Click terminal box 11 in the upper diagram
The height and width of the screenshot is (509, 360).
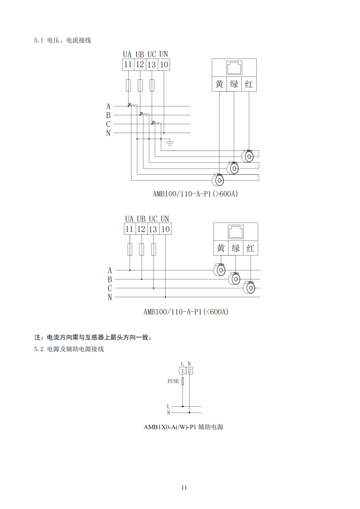[x=128, y=65]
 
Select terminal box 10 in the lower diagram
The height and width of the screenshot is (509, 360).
[x=165, y=229]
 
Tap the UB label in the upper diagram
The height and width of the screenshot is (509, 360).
[x=140, y=54]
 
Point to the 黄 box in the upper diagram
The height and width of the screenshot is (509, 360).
[x=219, y=84]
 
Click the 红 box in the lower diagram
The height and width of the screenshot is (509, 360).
[x=250, y=248]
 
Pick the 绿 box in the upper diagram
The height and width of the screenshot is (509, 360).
[x=234, y=84]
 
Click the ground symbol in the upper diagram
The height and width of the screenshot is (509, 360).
[x=169, y=142]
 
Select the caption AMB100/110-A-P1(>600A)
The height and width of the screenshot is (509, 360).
[x=195, y=194]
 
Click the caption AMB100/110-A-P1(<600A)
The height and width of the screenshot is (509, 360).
[x=186, y=312]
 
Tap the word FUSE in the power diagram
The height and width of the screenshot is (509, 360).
[x=173, y=381]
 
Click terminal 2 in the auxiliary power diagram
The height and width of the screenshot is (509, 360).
[x=190, y=371]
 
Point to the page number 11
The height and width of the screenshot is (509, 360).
[x=184, y=488]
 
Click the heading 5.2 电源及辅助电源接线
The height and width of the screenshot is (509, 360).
[x=69, y=349]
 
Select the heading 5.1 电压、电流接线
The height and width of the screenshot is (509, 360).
[x=63, y=40]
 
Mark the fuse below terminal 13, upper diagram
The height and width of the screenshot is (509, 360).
[x=152, y=85]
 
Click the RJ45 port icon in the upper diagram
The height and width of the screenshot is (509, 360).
[x=234, y=67]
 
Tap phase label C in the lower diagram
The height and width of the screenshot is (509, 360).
[x=110, y=288]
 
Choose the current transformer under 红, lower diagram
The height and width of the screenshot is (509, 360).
[x=250, y=287]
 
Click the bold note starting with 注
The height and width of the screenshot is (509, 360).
[x=94, y=337]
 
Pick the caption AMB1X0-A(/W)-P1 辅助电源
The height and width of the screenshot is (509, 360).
[x=183, y=427]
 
